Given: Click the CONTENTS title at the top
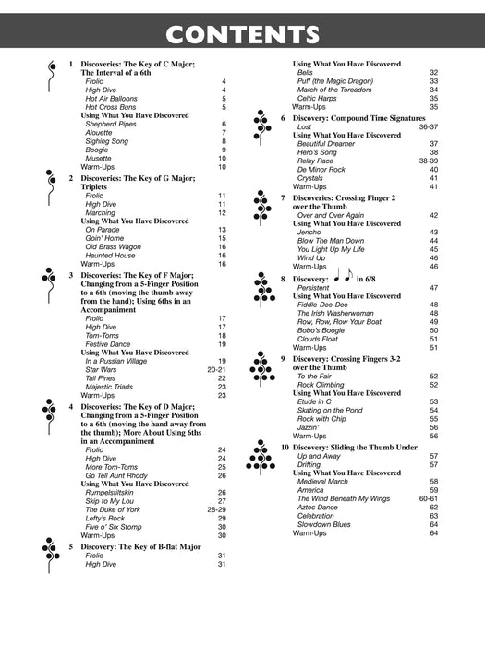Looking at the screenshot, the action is (242, 35).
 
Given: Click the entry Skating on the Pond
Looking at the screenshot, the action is (330, 410).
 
